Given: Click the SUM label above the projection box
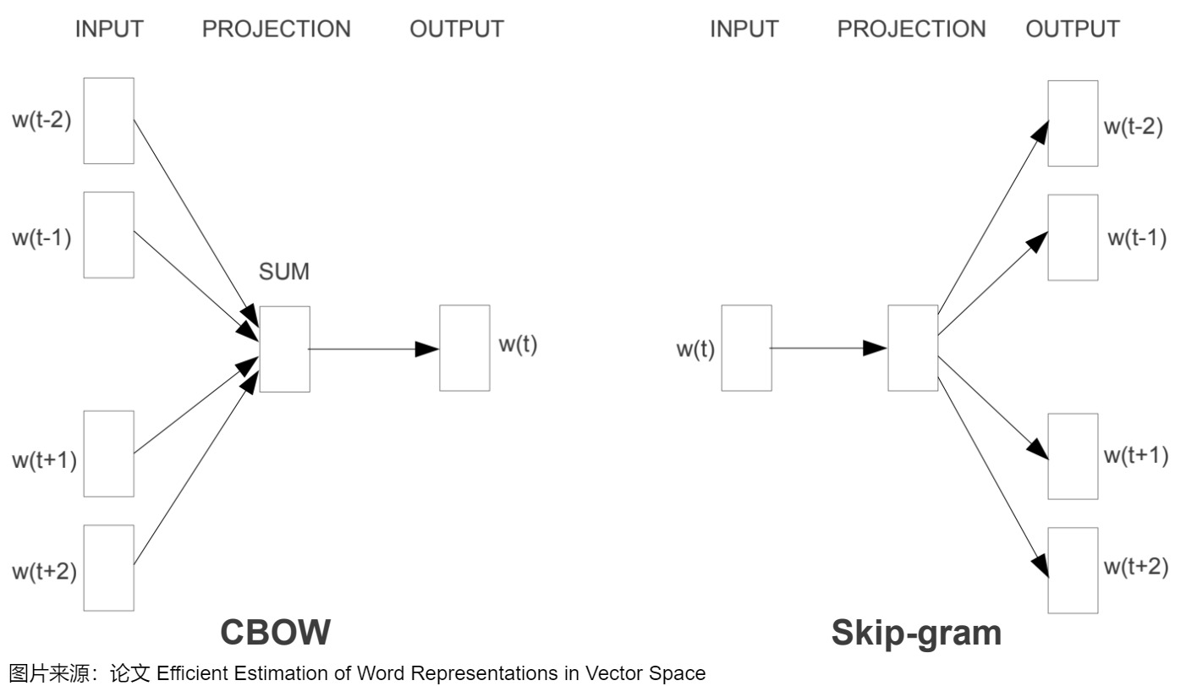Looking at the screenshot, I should (284, 272).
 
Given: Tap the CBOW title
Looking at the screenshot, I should (276, 632).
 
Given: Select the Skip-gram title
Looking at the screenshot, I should (916, 632).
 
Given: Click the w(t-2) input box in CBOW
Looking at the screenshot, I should (109, 121).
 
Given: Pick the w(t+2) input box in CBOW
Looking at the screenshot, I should (109, 568).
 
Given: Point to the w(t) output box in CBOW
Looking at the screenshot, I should (464, 348).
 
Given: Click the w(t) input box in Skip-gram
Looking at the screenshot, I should (746, 348).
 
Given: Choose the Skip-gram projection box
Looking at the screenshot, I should (913, 348).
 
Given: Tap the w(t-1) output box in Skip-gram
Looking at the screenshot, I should (1073, 238).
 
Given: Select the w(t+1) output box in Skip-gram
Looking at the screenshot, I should (1073, 456).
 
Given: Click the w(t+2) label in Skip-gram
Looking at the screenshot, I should (1136, 567).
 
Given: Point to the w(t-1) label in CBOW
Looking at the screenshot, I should (41, 237).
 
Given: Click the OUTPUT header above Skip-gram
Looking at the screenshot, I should (1072, 29).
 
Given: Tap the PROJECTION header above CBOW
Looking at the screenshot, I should (276, 29).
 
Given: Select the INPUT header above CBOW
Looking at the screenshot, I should (109, 29).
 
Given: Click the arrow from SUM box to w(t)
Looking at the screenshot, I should (372, 348).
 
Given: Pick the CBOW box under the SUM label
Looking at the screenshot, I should (284, 348).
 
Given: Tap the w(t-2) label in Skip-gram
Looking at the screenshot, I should (1134, 128).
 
